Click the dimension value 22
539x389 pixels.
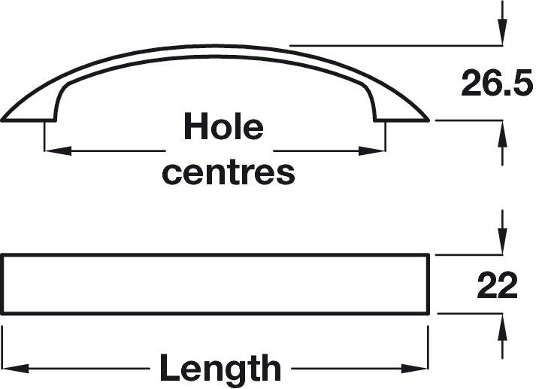point(497,286)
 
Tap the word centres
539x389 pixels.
point(229,173)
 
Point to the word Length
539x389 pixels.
point(220,369)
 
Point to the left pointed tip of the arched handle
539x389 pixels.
point(5,119)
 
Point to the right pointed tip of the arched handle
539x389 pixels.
point(426,119)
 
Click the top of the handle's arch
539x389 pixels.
point(216,48)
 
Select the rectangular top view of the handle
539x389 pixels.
point(216,284)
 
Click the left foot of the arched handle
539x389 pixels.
point(50,119)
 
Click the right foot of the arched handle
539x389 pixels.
point(380,119)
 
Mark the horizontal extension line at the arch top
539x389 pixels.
point(391,44)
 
